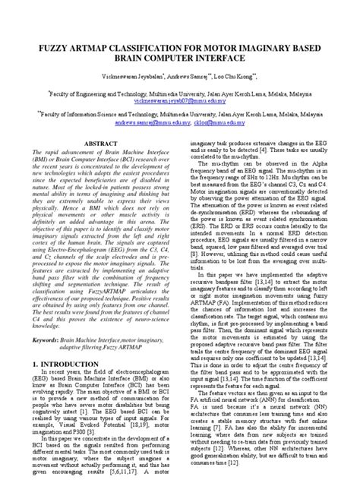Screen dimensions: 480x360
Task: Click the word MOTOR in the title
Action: pos(216,47)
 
